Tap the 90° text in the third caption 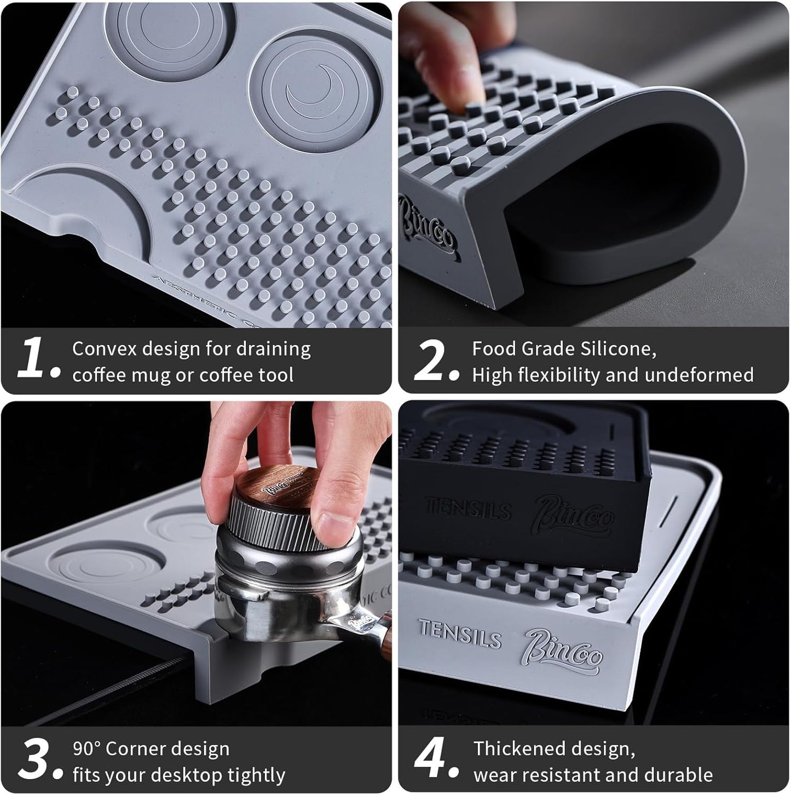click(x=86, y=748)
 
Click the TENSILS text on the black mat click(x=468, y=508)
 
